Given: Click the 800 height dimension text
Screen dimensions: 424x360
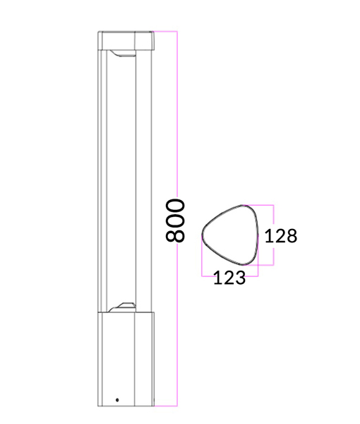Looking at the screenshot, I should [176, 220].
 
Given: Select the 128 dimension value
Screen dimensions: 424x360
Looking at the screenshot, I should [281, 235].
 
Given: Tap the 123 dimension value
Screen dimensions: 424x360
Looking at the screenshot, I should [229, 278].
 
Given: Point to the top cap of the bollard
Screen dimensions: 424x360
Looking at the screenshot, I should [126, 40].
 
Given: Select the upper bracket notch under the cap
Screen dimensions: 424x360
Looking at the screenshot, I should [123, 54].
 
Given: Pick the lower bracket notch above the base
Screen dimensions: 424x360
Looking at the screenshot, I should [124, 307].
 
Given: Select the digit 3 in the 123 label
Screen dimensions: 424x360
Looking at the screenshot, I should [239, 278].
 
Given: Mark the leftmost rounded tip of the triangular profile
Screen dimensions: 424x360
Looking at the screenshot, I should [204, 235].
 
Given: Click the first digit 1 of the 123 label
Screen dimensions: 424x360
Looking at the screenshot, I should [218, 278].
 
